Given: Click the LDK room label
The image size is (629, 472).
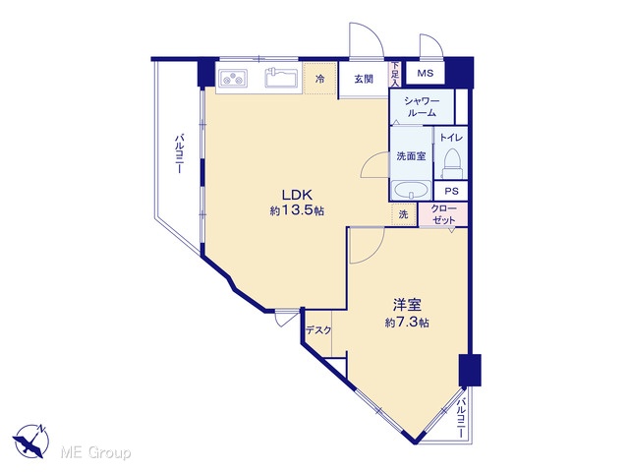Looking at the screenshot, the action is coord(297,195).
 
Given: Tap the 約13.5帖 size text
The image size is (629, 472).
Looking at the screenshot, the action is coord(297,210).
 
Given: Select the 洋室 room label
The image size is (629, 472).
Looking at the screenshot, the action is coord(407,306).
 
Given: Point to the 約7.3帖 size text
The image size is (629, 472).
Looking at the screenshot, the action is coord(407,323).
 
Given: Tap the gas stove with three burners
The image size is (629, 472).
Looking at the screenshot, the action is coord(233,78).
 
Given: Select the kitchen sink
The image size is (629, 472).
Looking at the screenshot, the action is coord(281,77).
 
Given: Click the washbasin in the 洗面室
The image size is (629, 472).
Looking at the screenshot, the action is coord(411,190).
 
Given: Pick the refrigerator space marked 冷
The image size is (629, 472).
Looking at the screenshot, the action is coord(319,79).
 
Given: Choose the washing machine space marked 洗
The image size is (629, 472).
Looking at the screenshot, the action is coord(404,214).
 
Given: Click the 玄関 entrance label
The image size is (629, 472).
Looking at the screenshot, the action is coord(364,79).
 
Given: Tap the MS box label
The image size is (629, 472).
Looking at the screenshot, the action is coord(426,73).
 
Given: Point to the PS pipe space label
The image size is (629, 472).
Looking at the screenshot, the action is coord(451,192).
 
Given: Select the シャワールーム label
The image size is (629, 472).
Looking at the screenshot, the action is coord(422,107).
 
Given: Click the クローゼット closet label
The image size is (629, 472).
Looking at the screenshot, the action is coord(443,214).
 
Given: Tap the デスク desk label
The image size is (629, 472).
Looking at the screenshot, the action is coord(318,330).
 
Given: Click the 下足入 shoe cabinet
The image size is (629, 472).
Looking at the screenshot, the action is coord(395,75).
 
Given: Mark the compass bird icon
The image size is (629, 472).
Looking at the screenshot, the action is coord(30,442).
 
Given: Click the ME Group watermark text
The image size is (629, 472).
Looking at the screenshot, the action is coord(95,453).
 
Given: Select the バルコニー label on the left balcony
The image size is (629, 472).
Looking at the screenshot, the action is coord(179,154).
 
